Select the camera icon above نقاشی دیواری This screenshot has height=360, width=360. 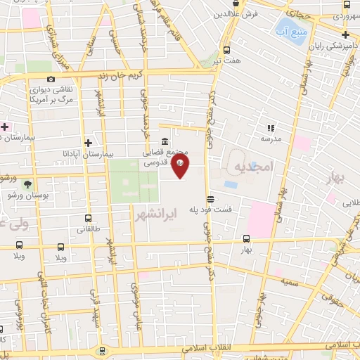click(x=51, y=79)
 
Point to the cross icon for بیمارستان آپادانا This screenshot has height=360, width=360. click(x=87, y=141)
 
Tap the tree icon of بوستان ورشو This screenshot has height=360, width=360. click(x=27, y=184)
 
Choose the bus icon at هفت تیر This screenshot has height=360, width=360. click(x=226, y=50)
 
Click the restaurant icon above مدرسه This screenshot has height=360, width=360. click(x=270, y=128)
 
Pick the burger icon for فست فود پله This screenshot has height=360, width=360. click(x=210, y=198)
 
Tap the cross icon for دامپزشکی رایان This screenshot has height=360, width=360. click(x=345, y=34)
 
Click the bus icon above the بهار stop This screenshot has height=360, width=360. click(x=246, y=238)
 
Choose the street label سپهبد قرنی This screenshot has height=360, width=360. click(x=94, y=309)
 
